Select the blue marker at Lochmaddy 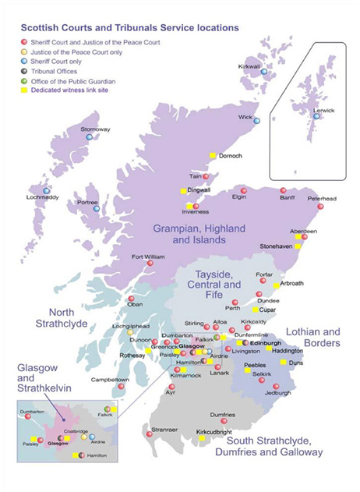(x=47, y=190)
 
